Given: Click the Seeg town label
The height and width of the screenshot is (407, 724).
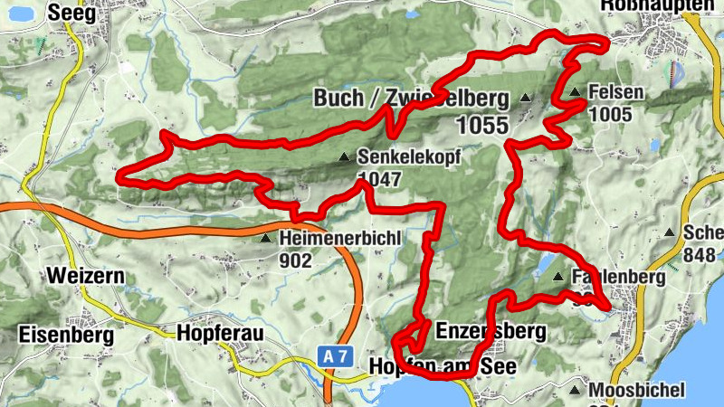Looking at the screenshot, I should point(71,12).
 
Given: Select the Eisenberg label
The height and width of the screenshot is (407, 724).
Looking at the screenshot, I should point(66,334).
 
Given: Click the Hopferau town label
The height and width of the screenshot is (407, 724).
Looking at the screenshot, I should point(221,334).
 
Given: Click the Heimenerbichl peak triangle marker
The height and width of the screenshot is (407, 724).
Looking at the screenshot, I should point(265,239).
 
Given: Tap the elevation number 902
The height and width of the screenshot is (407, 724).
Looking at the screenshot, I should point(296,261).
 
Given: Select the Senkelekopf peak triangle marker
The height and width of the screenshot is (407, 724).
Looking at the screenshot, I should point(343,158).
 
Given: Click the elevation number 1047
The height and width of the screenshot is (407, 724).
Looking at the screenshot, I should point(379,179).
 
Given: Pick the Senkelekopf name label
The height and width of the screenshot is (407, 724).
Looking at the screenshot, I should point(409,157).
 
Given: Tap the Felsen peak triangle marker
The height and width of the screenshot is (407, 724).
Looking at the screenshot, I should point(575,92).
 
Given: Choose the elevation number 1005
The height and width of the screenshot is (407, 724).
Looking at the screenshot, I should point(609,114).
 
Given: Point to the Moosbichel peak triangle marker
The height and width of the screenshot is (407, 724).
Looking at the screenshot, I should point(575,390).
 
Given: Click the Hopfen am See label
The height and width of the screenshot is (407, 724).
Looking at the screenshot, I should point(443,367).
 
